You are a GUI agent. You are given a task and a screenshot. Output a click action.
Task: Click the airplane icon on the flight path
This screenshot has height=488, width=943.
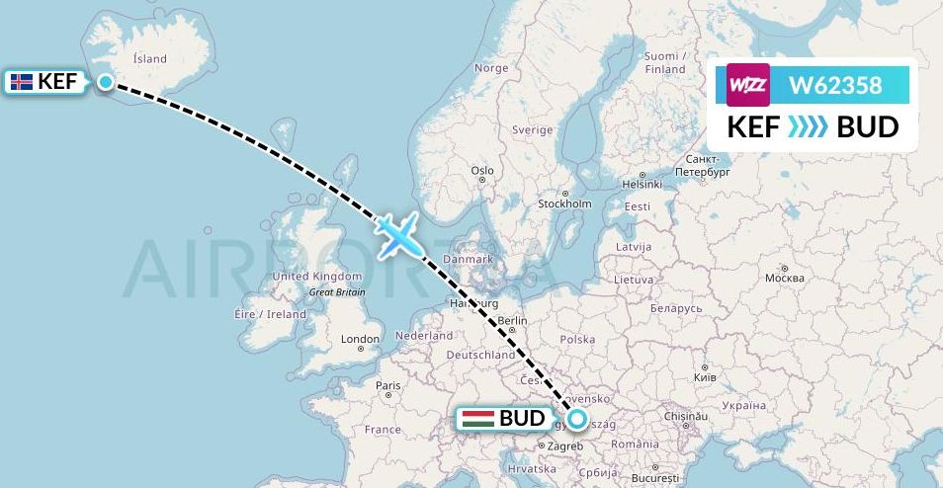click(x=396, y=235)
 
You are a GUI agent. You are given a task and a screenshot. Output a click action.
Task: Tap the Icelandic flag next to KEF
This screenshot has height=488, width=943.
click(x=21, y=82)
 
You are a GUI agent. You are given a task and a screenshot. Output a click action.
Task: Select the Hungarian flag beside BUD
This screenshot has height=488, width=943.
click(x=478, y=419)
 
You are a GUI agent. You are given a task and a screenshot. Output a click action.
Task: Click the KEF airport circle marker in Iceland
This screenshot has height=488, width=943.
click(x=106, y=82)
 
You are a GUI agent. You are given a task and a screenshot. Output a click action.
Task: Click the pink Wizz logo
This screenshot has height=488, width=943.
click(x=747, y=85)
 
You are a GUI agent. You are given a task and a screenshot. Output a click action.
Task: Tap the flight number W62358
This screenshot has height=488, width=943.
click(x=834, y=85)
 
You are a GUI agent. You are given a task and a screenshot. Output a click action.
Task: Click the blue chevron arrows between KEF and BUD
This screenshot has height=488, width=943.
click(x=808, y=127)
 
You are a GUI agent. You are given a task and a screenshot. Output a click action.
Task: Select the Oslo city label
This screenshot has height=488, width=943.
click(x=482, y=171)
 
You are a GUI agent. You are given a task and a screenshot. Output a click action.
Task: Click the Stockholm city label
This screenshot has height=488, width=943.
click(x=564, y=204)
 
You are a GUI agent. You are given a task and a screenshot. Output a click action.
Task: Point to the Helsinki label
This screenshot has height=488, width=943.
click(x=641, y=184)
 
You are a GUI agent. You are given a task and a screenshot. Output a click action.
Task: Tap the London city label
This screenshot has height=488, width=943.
click(x=360, y=339)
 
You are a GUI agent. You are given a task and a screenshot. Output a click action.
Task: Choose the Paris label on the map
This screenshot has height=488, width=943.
click(x=387, y=385)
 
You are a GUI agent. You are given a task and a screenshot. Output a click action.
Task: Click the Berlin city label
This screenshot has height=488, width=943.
click(x=513, y=321)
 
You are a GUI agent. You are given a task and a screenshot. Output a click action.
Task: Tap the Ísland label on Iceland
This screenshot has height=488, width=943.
click(x=150, y=59)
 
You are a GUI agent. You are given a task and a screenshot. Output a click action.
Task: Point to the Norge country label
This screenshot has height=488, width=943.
click(x=491, y=68)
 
